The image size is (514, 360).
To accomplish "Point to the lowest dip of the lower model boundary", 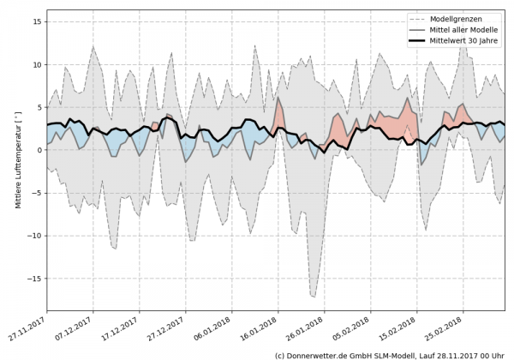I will tap(314, 297).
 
